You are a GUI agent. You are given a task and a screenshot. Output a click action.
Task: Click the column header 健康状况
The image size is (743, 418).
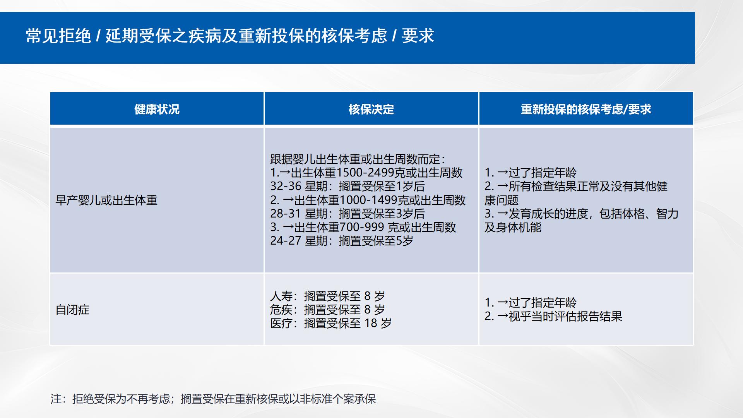tap(157, 109)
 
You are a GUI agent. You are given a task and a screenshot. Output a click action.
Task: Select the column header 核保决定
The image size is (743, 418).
tap(371, 109)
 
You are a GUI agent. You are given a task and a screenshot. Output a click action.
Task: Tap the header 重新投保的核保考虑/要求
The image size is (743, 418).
tap(586, 109)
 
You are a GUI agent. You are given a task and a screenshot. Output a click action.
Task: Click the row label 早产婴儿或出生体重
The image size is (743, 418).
tap(106, 200)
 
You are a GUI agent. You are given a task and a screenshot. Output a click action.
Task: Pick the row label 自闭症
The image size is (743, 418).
tap(72, 310)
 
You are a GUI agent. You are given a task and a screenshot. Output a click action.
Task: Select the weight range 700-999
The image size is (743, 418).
tap(362, 227)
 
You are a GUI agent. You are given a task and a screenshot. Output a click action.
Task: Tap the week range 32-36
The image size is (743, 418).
tap(286, 186)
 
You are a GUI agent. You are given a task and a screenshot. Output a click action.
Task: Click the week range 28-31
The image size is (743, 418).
tap(286, 214)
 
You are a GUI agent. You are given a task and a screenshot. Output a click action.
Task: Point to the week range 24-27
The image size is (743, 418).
tap(286, 241)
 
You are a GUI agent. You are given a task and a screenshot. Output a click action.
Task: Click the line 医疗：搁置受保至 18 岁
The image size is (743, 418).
tap(331, 323)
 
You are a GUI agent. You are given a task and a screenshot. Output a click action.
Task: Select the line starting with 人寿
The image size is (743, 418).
tap(328, 296)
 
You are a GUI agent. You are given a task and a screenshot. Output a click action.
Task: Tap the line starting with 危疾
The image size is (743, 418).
tap(328, 310)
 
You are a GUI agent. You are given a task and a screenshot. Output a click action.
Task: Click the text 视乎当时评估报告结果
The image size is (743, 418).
tap(565, 316)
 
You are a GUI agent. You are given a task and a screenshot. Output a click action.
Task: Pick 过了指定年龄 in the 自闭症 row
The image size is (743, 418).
tap(543, 303)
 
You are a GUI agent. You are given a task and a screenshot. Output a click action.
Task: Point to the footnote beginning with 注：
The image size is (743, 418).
tap(213, 399)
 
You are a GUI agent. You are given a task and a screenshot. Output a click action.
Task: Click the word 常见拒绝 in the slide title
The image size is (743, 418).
tap(58, 36)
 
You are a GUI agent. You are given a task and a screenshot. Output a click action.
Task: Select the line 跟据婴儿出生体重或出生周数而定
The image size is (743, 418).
tap(358, 159)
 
